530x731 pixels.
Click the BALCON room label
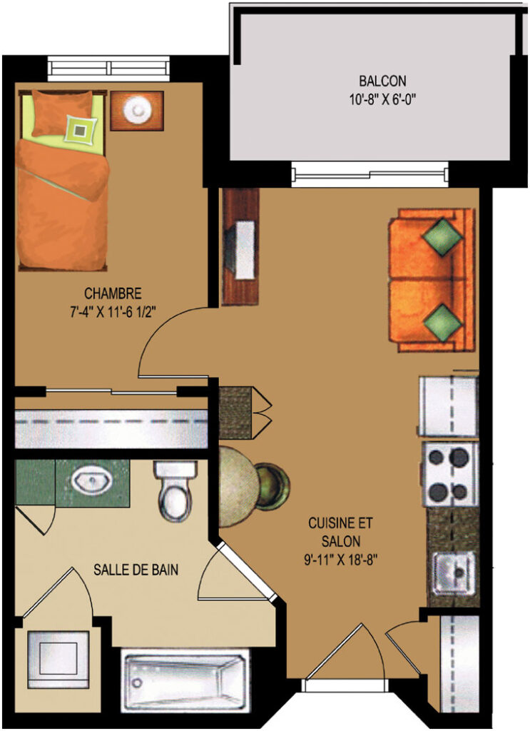(x=382, y=81)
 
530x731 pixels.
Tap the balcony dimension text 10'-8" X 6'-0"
(x=382, y=100)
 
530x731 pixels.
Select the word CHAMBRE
(x=113, y=293)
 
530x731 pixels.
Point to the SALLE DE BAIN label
(x=136, y=570)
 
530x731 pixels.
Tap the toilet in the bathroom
(x=175, y=491)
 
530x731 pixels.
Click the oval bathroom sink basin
(x=92, y=480)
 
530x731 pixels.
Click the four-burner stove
(x=449, y=475)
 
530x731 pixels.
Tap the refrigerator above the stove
(x=449, y=405)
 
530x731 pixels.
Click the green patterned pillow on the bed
(x=81, y=130)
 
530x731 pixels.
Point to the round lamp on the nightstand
(x=138, y=110)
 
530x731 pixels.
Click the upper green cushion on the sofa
(x=442, y=237)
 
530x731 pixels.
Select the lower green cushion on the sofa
(x=442, y=322)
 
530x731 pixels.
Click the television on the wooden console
(x=243, y=250)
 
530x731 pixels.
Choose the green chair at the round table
(x=272, y=486)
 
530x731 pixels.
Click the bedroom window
(x=109, y=69)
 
